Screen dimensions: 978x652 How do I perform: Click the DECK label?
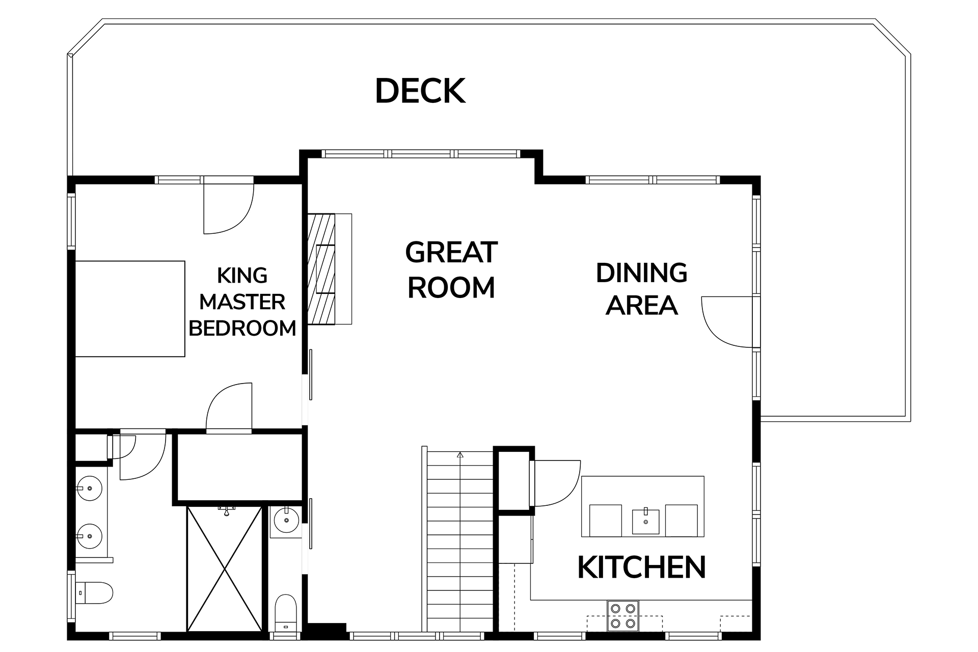(420, 91)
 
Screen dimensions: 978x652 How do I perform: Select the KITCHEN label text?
(642, 567)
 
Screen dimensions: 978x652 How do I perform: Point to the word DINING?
(642, 273)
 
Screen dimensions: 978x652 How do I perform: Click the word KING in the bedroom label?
(242, 276)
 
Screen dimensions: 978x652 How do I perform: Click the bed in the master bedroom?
(130, 309)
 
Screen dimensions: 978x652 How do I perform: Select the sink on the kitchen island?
(645, 520)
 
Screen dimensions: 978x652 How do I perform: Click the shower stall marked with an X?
(225, 568)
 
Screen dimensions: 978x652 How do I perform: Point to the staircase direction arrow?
(460, 455)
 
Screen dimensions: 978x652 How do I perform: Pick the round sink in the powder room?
(286, 520)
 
